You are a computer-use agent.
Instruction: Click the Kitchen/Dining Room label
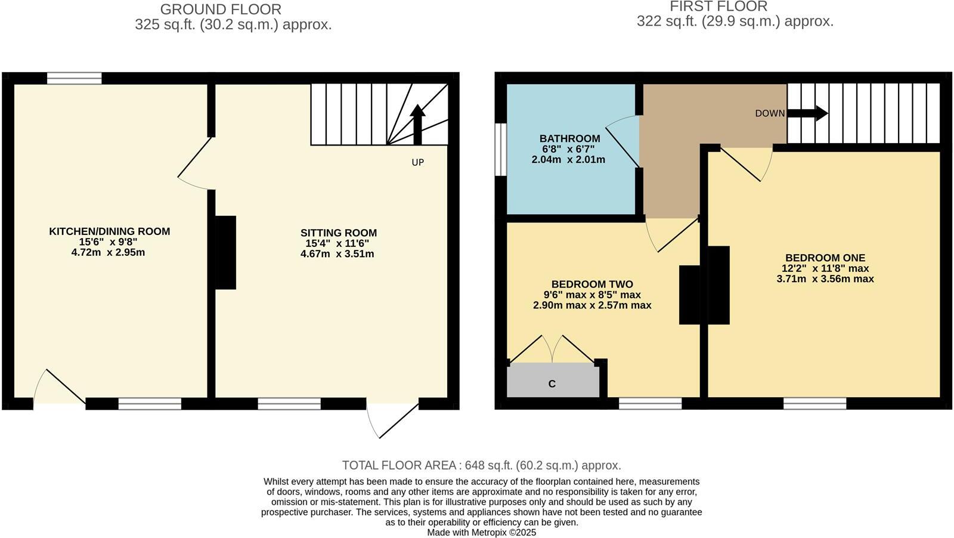pos(109,231)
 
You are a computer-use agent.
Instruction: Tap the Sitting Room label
pos(338,233)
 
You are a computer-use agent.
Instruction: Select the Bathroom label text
pos(569,139)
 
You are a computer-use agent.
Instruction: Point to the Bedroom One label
pos(825,258)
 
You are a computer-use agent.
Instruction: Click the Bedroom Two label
pos(591,285)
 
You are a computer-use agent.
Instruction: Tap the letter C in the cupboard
pos(552,384)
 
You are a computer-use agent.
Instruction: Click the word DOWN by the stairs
pos(770,113)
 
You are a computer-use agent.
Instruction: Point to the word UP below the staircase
pos(417,162)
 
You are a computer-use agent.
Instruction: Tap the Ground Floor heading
pos(221,10)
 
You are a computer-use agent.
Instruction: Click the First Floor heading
pos(718,7)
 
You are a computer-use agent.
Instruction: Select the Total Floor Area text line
pos(481,465)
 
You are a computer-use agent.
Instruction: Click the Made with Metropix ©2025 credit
pos(481,532)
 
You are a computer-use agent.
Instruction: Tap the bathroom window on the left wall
pos(500,150)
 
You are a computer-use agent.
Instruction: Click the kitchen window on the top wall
pos(75,78)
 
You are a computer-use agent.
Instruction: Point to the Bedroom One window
pos(814,404)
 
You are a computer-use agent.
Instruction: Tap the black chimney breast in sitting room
pos(225,252)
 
